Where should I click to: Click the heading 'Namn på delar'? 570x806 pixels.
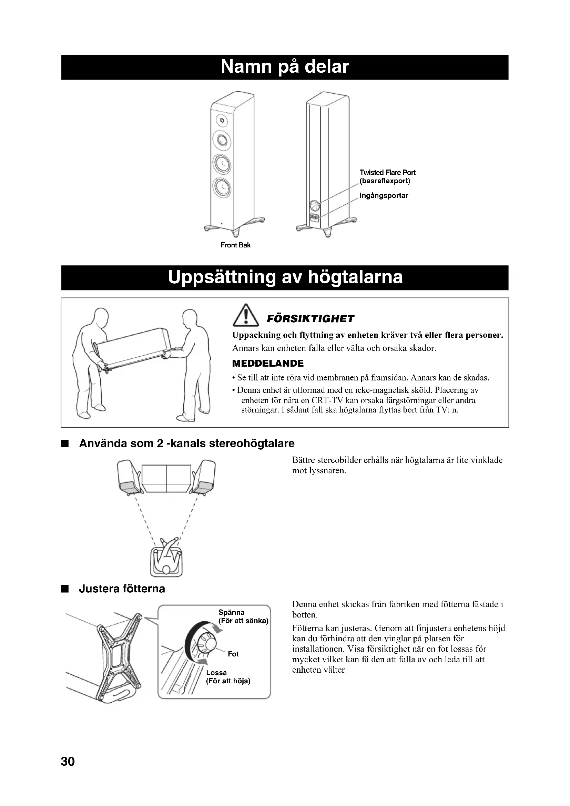pos(285,67)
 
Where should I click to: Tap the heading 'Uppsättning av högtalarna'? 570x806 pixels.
pos(285,277)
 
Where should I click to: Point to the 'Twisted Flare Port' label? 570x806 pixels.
pos(387,172)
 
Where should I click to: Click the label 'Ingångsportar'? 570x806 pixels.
pos(384,195)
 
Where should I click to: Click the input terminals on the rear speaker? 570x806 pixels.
pos(314,218)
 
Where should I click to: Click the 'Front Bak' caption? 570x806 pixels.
pos(235,245)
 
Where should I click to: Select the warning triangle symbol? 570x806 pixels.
pos(246,316)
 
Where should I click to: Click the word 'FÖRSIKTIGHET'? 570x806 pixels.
pos(310,319)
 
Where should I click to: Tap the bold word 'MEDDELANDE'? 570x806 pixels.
pos(268,363)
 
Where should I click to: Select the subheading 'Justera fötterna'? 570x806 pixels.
pos(122,588)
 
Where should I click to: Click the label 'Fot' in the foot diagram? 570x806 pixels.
pos(233,654)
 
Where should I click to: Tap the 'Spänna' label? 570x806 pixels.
pos(231,612)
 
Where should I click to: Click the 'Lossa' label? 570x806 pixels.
pos(216,673)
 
